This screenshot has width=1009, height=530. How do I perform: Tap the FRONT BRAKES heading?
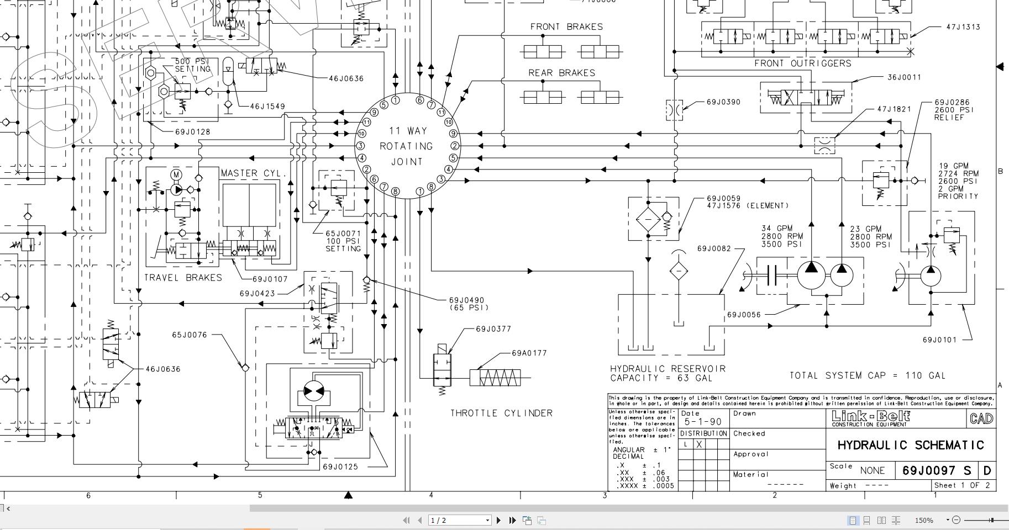click(x=566, y=26)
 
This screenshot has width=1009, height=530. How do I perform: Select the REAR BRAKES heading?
click(x=561, y=73)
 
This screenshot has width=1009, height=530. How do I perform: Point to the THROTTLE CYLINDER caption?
click(x=501, y=413)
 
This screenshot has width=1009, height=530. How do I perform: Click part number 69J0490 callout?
click(x=466, y=300)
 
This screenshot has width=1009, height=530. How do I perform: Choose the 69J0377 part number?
click(x=493, y=329)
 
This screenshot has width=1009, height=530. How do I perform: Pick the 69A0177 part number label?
click(x=529, y=353)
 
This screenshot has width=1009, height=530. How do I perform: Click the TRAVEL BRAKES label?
click(x=183, y=278)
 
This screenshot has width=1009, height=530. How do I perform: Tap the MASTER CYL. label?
click(x=254, y=173)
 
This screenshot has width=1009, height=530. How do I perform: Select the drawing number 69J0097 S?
click(x=937, y=470)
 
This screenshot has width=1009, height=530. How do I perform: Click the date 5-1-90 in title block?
click(x=703, y=422)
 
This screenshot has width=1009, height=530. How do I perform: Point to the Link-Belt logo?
click(x=870, y=417)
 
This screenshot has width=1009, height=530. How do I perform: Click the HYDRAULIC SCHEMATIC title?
click(x=911, y=445)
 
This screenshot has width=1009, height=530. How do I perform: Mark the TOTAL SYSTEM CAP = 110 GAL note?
click(x=868, y=375)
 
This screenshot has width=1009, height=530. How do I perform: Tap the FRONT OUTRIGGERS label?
click(x=803, y=63)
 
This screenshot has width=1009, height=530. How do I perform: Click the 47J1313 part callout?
click(x=963, y=26)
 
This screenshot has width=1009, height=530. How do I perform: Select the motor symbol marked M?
click(x=176, y=175)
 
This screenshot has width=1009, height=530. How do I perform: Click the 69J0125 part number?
click(x=340, y=467)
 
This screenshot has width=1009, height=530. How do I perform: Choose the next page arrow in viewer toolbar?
click(x=499, y=520)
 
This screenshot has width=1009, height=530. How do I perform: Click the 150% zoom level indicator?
click(x=923, y=520)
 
